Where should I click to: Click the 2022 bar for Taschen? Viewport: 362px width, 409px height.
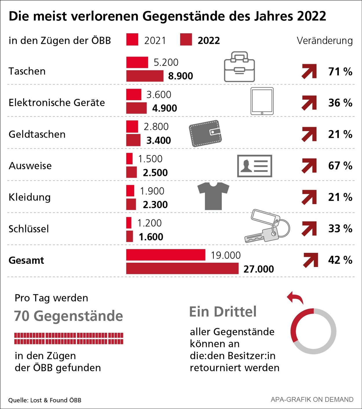tap(145, 76)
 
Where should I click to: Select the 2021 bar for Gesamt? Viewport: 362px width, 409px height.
tap(166, 255)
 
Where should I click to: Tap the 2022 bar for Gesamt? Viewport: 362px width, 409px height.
tap(182, 269)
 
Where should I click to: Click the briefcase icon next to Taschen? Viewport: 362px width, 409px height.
tap(239, 67)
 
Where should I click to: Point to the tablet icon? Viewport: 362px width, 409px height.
tap(262, 101)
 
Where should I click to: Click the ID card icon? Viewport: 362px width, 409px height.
tap(255, 166)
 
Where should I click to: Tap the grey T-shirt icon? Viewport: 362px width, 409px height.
tap(213, 196)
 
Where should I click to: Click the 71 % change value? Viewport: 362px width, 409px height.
tap(340, 72)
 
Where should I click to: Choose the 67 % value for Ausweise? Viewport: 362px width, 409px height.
tap(340, 166)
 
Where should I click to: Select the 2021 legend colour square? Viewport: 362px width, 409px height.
tap(132, 40)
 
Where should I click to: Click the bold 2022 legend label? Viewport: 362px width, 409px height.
tap(209, 41)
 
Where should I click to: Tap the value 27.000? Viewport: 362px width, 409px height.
tap(259, 269)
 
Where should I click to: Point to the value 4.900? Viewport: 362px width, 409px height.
tap(164, 108)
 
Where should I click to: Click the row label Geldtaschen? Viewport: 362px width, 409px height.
tap(37, 134)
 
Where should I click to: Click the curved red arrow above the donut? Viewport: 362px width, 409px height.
tap(295, 298)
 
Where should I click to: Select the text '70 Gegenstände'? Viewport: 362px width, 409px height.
tap(69, 316)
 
